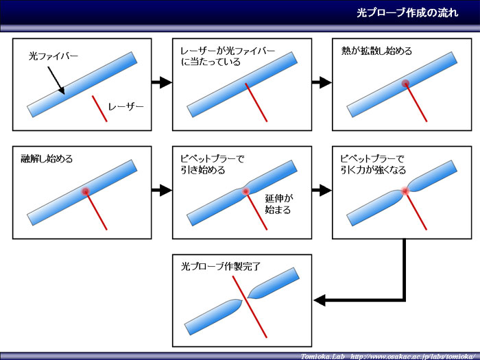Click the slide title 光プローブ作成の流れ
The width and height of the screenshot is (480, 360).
click(x=407, y=13)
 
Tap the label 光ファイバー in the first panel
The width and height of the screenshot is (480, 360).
click(x=53, y=56)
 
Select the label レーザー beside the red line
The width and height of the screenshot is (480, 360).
click(x=125, y=106)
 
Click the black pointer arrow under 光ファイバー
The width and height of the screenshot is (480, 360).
click(x=56, y=80)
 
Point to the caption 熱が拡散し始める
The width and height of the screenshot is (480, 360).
click(x=376, y=51)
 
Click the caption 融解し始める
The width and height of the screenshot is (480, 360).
click(x=47, y=158)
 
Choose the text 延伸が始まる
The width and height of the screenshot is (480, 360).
click(x=278, y=204)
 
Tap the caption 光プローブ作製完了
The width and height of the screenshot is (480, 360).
click(x=221, y=266)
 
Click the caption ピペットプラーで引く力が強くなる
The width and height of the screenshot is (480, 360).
click(x=373, y=165)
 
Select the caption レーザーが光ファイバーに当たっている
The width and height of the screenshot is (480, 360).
click(x=228, y=56)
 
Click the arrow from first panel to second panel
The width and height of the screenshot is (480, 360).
click(x=162, y=82)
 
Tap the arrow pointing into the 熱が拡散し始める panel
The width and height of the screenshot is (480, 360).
click(x=322, y=82)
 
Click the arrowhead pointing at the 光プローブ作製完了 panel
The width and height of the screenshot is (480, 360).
click(x=320, y=300)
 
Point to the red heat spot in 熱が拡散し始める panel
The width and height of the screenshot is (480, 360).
click(x=406, y=83)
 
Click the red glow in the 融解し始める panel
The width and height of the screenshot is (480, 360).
click(x=86, y=191)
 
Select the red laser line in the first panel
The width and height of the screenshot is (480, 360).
click(x=99, y=108)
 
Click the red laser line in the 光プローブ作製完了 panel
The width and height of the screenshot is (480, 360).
click(x=250, y=307)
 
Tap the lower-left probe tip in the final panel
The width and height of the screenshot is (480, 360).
click(x=242, y=302)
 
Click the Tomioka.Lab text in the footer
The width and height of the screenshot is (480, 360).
click(x=323, y=357)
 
